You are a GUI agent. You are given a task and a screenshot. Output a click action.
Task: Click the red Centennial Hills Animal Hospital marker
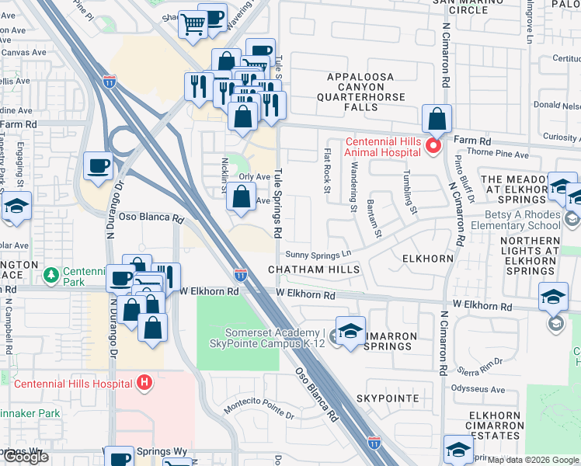(433, 144)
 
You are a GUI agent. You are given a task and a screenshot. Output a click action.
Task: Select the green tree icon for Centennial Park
(50, 275)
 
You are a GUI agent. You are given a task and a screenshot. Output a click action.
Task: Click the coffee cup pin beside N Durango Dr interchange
(98, 165)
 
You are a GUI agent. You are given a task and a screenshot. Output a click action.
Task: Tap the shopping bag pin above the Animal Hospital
(437, 120)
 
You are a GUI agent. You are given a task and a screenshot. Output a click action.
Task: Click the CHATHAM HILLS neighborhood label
(314, 270)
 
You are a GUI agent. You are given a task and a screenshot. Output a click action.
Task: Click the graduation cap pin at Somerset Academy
(350, 330)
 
